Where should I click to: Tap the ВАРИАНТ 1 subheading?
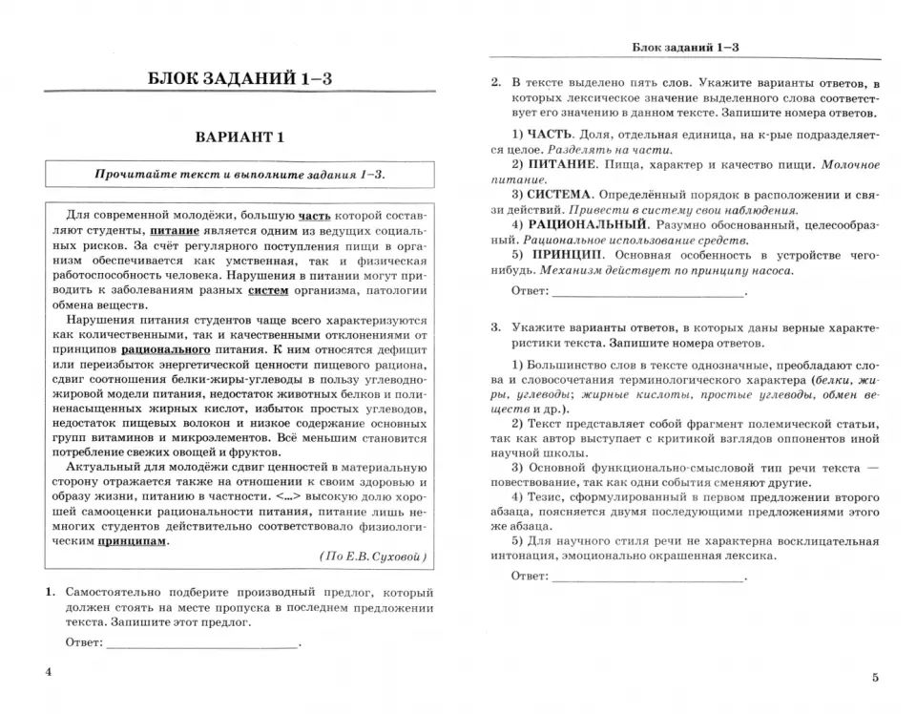tap(239, 136)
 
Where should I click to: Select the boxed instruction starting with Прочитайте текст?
tap(239, 175)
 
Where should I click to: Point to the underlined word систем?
tap(266, 290)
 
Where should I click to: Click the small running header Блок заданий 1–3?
tap(686, 47)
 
